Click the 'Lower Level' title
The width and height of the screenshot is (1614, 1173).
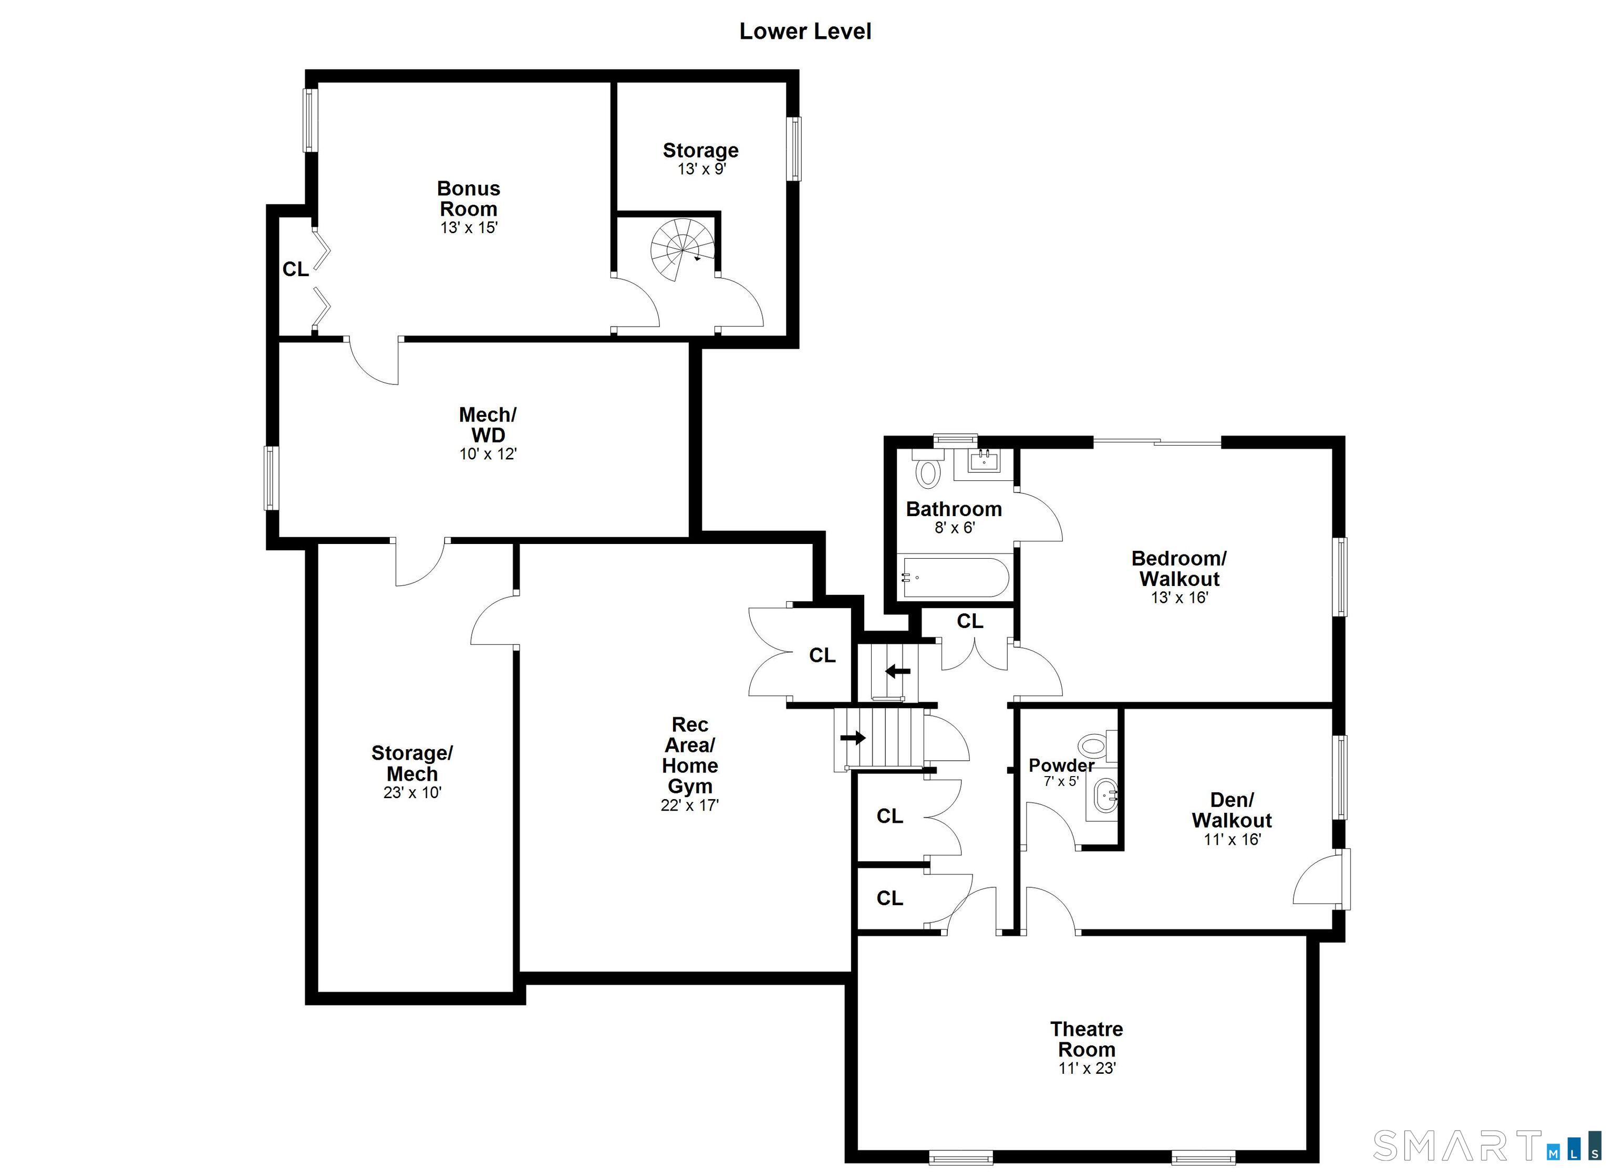click(805, 32)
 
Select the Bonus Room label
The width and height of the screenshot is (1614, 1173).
click(468, 198)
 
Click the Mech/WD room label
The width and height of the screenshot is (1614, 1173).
click(488, 425)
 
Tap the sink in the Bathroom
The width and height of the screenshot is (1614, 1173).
click(984, 462)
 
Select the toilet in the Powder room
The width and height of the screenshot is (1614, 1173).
click(1094, 746)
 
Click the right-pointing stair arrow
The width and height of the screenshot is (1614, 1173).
click(853, 738)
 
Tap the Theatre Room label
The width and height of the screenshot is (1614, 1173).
click(1087, 1039)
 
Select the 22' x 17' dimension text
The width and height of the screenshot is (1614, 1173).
click(690, 805)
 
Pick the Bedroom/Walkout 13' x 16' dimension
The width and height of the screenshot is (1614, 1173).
click(1179, 598)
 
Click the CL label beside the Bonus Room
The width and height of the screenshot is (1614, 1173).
click(295, 269)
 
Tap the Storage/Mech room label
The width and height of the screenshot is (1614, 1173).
click(412, 763)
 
